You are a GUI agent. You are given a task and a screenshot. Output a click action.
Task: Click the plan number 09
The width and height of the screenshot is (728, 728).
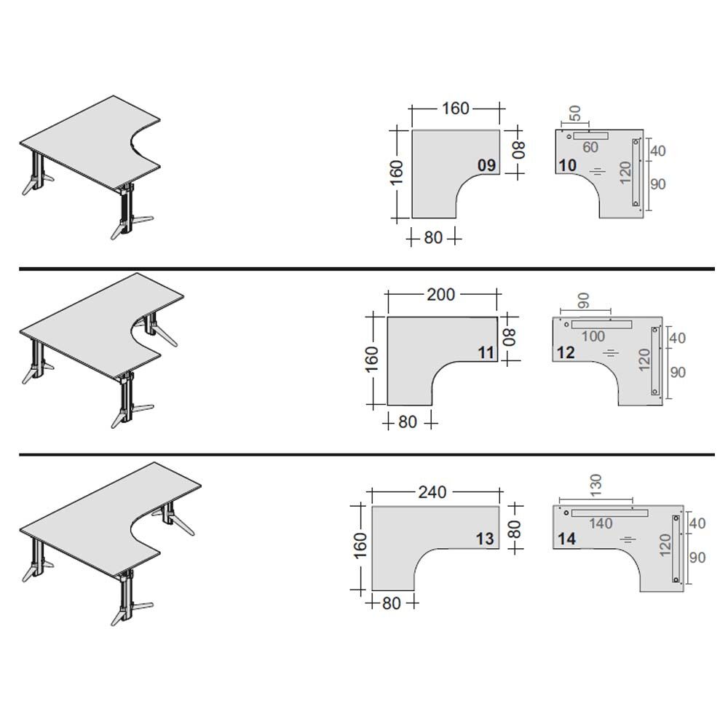coord(486,165)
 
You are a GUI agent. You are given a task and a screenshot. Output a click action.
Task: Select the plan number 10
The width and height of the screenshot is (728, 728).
coord(567,165)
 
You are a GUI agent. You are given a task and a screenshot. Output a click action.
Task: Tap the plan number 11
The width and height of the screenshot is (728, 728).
coord(486,353)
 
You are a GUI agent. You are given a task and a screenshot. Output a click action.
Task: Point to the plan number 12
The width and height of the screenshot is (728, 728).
coord(566,353)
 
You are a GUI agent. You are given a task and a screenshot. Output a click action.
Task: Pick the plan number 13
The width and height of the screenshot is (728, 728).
coord(485,539)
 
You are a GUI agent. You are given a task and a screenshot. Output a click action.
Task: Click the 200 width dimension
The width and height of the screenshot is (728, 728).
coord(441,295)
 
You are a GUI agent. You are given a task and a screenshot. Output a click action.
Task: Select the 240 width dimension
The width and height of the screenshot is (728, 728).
coord(432,492)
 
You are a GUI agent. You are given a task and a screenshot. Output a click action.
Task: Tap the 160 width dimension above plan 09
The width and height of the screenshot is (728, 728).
coord(455,108)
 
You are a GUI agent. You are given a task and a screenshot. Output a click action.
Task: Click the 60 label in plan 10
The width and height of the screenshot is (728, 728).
coord(590,148)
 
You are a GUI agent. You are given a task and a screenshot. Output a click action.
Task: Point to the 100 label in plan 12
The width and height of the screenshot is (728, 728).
coord(593,336)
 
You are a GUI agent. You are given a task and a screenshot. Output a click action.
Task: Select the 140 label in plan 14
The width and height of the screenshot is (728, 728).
coord(601,523)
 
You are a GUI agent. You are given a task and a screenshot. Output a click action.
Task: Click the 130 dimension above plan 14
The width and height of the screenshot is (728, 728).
coord(596,482)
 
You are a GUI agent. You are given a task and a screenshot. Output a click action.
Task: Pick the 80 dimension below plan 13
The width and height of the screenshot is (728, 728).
coord(392,604)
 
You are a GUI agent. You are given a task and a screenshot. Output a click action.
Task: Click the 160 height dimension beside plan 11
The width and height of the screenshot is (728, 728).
coord(371,360)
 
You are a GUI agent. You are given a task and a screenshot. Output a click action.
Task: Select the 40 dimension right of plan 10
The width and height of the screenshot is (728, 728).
coord(657,151)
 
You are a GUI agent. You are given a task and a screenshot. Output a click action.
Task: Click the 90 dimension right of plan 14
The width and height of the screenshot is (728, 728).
coord(697,558)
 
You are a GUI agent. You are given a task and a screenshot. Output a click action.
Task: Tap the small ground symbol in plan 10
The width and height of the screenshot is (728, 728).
coord(597,171)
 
